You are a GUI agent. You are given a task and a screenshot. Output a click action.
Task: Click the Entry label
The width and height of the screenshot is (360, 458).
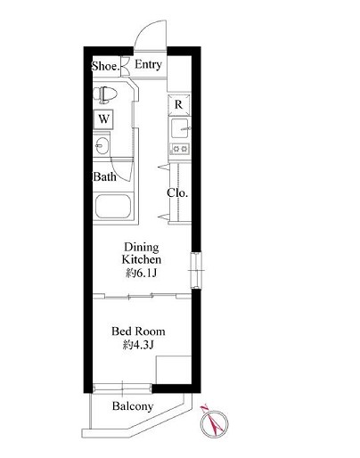[x=148, y=64]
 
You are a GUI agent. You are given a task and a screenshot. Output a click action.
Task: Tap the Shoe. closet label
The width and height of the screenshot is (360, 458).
[x=106, y=66]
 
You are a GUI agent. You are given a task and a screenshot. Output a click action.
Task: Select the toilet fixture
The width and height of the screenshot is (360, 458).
[x=105, y=94]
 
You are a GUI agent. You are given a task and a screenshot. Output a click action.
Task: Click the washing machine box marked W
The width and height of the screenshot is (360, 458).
[x=103, y=119]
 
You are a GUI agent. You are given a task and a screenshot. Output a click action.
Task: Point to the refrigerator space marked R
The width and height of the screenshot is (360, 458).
[x=178, y=104]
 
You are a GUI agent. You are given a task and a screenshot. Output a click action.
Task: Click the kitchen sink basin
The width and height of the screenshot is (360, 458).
[x=180, y=128]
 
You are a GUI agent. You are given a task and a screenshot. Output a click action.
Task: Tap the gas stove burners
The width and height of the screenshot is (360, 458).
[x=179, y=148]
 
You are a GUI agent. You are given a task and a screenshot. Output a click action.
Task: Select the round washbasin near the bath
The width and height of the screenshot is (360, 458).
[x=102, y=146]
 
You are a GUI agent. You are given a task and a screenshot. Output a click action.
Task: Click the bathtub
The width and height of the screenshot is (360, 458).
[x=113, y=207]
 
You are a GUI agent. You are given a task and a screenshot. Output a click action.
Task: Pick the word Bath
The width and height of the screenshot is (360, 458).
[x=104, y=176]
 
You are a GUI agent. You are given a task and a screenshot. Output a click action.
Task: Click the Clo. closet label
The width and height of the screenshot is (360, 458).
[x=177, y=192]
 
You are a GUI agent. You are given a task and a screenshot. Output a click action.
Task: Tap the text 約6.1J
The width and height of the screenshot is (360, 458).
[x=141, y=273]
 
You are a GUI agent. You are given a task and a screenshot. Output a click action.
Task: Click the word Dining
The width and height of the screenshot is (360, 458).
[x=142, y=247]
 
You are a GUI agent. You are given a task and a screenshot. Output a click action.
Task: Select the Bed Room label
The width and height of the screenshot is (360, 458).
[x=138, y=331]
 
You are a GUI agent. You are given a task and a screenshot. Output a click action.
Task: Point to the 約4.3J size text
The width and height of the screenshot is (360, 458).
[x=138, y=345]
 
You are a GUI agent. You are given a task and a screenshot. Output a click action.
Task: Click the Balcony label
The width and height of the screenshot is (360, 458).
[x=133, y=406]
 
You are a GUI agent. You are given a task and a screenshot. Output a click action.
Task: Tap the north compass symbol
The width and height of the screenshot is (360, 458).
[x=214, y=422]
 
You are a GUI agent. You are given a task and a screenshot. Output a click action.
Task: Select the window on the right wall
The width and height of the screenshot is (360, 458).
[x=196, y=270]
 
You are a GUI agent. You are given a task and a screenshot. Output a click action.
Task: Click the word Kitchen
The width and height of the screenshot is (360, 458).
[x=142, y=259]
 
